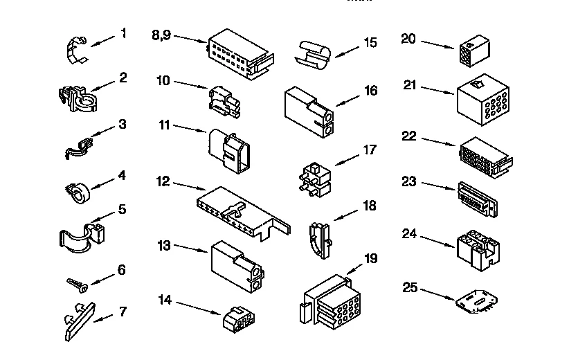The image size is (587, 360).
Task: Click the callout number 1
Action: [123, 33]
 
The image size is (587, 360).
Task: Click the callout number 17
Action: [370, 149]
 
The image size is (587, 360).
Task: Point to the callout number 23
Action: [409, 182]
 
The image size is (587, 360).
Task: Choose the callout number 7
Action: [123, 312]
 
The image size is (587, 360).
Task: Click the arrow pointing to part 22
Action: [438, 142]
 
